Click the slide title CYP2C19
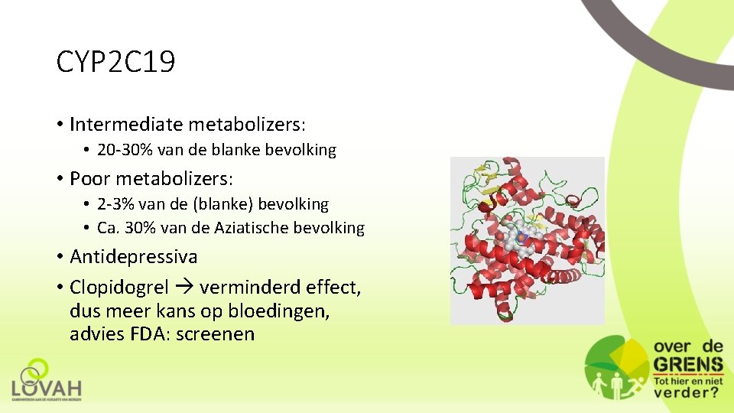pos(115,63)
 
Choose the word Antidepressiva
pos(133,256)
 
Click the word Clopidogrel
pos(119,288)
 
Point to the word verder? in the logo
pos(686,392)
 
